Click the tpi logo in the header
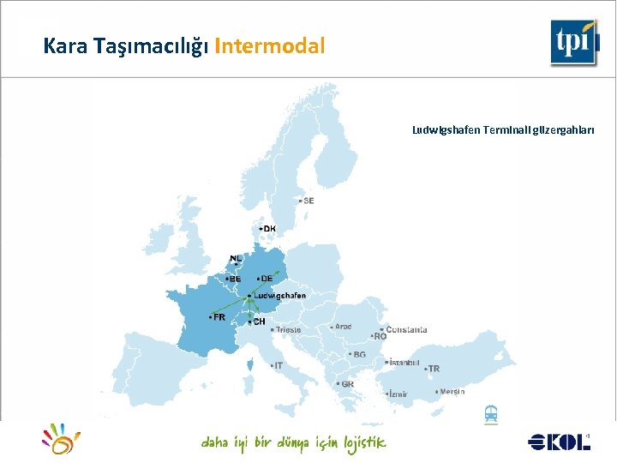pos(574,41)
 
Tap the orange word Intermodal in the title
pos(270,46)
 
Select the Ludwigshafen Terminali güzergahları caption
pos(503,130)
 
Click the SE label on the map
pos(308,201)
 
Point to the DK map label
pos(269,229)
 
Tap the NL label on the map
pos(237,258)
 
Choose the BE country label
pos(234,278)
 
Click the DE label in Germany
pos(266,279)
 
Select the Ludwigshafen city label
pos(279,296)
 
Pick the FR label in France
pos(219,316)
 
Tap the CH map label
pos(258,322)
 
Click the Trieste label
pos(288,330)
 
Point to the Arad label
pos(343,327)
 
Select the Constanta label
pos(406,330)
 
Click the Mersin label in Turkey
pos(452,391)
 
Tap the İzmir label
pos(398,394)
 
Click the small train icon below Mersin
pos(491,413)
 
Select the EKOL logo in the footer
pos(560,442)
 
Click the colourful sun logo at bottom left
pos(61,438)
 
